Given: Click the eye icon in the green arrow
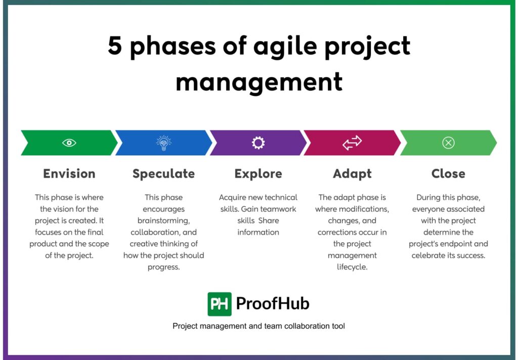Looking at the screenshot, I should [69, 143].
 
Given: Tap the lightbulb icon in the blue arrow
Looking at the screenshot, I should [163, 143].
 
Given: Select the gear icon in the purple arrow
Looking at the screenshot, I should [258, 143].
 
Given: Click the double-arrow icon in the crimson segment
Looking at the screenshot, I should [352, 143].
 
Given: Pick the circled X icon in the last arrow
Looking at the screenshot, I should [448, 143].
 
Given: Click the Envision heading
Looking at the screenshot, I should [69, 173].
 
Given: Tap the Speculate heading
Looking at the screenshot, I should [163, 173].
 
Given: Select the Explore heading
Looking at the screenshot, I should [258, 173].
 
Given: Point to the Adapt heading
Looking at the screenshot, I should [352, 173].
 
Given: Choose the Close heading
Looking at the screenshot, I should [448, 173].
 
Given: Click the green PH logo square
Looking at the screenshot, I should [220, 304].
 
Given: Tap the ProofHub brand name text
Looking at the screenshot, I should [273, 304].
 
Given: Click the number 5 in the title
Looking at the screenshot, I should [115, 47].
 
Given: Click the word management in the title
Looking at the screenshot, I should [259, 81].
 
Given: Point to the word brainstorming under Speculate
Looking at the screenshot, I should [163, 220].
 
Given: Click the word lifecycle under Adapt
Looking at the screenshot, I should [352, 267].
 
